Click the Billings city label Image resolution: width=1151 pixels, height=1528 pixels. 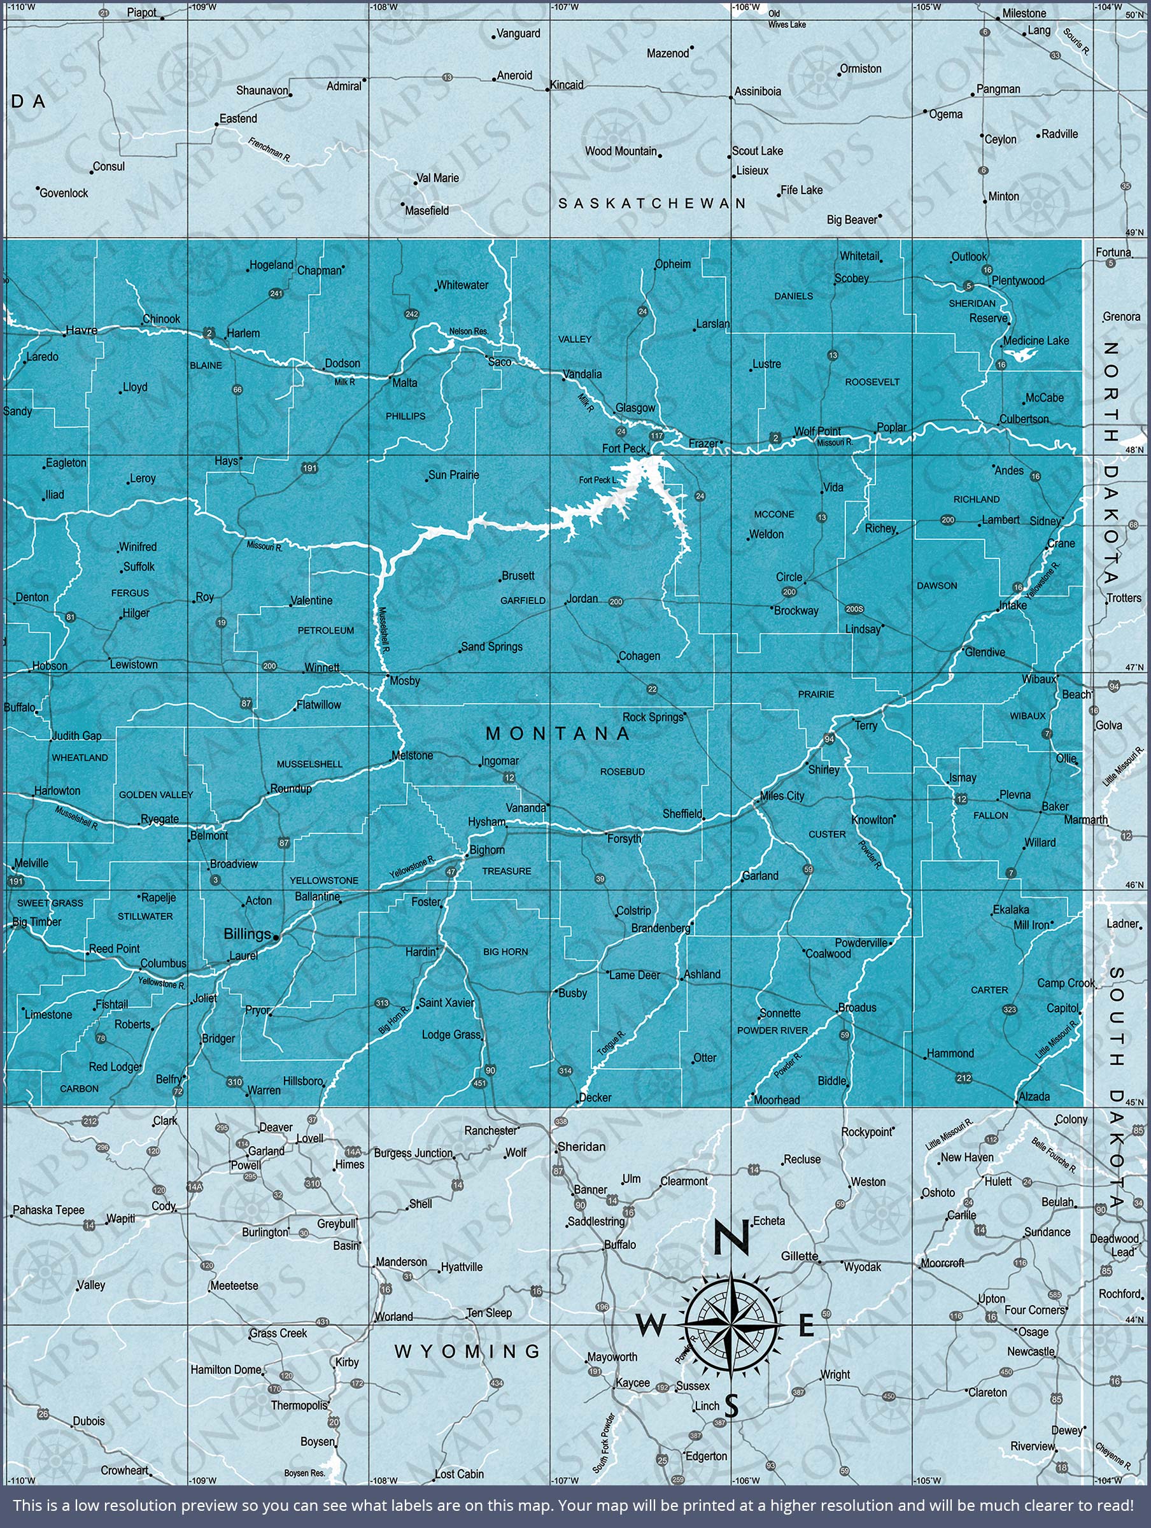pos(246,934)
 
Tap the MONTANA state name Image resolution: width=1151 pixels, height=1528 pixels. pos(558,733)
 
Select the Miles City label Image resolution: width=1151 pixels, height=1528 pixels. pos(782,796)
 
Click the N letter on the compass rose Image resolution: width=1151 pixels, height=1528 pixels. pos(731,1238)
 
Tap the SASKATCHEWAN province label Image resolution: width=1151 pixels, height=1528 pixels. pos(652,203)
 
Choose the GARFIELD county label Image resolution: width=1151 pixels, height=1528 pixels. pos(523,601)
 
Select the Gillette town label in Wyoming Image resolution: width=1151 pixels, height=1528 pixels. pos(800,1256)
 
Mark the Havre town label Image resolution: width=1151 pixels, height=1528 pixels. pos(81,330)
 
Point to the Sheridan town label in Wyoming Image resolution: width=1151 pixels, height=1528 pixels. pos(581,1147)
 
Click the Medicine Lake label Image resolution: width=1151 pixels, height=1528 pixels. pos(1036,341)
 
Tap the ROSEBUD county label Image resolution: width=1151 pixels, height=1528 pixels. pos(623,772)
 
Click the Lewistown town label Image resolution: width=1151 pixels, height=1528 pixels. pos(134,665)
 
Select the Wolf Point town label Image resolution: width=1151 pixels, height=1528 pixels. pos(817,431)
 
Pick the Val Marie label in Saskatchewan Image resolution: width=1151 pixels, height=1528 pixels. pos(437,178)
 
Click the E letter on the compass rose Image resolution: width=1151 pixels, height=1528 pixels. pos(806,1326)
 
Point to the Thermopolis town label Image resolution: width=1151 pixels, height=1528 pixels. pos(299,1405)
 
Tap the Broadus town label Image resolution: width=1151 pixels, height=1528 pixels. pos(857,1008)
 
